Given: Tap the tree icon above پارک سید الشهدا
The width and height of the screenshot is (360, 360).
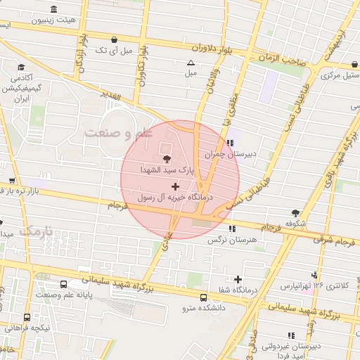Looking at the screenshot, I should pyautogui.click(x=167, y=159).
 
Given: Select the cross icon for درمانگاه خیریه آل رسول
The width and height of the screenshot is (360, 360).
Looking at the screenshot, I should pyautogui.click(x=175, y=186).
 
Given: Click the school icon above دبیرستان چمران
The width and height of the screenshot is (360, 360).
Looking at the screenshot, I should pyautogui.click(x=231, y=143).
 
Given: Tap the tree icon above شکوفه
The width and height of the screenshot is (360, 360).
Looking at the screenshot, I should pyautogui.click(x=295, y=213).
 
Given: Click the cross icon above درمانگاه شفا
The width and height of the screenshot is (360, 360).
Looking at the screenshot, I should pyautogui.click(x=238, y=279).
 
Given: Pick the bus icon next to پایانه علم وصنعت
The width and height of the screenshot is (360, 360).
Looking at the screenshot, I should pyautogui.click(x=64, y=284).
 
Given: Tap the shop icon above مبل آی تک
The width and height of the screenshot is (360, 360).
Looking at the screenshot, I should pyautogui.click(x=114, y=39).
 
